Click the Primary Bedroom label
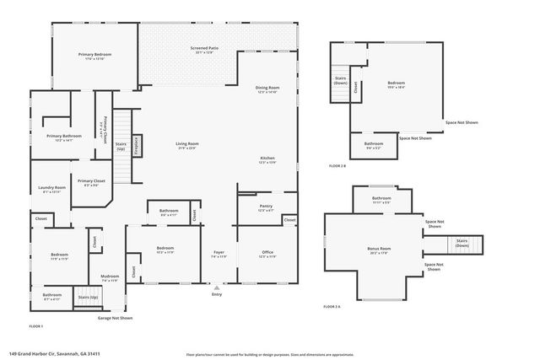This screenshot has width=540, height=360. [95, 55]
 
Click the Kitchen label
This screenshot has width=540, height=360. [267, 159]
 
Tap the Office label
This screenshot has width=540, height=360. [267, 252]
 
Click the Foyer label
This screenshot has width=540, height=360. [218, 252]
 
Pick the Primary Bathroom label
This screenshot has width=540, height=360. [63, 136]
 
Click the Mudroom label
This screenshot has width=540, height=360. [110, 277]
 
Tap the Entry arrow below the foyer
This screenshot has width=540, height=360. [218, 287]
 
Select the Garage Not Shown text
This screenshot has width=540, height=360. [116, 318]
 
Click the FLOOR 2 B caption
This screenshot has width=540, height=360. [337, 165]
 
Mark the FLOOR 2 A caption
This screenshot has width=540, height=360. [333, 306]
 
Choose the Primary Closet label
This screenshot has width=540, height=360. [91, 181]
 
